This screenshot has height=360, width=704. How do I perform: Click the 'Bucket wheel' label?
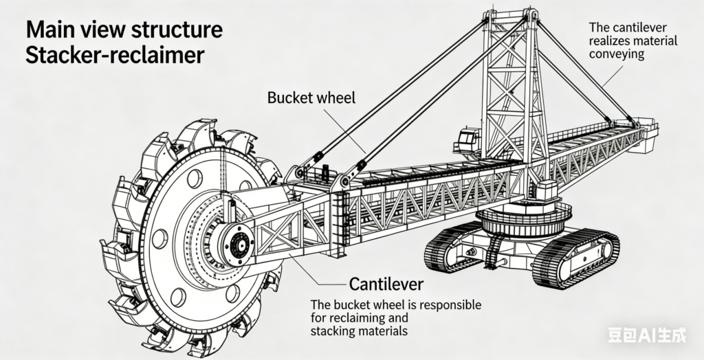point(311,98)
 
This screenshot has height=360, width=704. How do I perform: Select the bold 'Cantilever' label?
point(386,283)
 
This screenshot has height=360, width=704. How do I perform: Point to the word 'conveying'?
point(617,54)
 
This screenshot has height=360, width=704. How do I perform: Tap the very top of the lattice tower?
point(509,14)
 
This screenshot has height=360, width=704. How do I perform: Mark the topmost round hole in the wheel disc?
point(195,179)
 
